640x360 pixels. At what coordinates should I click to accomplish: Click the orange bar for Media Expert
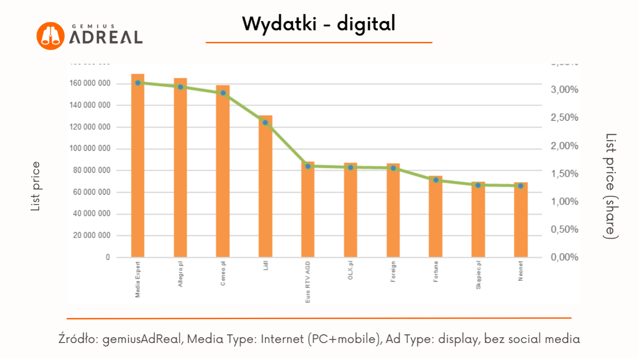[138, 166]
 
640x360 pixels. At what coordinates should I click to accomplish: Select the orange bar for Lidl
[265, 186]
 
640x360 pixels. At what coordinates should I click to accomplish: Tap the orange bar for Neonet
[521, 220]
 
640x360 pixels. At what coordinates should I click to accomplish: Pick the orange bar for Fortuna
[436, 216]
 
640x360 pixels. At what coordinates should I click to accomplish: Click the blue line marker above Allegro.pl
[180, 87]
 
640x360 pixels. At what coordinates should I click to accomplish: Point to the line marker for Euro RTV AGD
[308, 166]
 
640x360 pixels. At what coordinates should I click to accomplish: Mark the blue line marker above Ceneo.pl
[223, 93]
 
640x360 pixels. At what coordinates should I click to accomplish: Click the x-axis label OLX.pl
[350, 272]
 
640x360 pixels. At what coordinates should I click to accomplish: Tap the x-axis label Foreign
[393, 272]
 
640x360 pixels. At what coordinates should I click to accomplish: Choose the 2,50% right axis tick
[565, 118]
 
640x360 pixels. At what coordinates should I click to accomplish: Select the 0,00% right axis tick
[565, 257]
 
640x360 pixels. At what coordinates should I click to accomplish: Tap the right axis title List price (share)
[610, 186]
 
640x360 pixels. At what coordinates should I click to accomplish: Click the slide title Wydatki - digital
[319, 24]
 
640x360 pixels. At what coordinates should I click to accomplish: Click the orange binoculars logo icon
[50, 36]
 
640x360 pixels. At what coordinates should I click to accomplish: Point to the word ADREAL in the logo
[105, 38]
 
